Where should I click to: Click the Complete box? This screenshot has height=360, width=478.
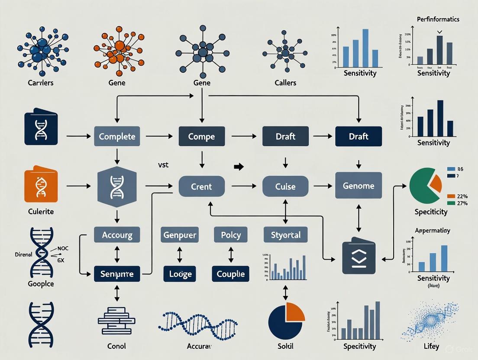[117, 137]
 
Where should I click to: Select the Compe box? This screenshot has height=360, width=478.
[202, 137]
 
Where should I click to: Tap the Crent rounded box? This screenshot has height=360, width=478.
[202, 186]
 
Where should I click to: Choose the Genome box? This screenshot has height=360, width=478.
[358, 186]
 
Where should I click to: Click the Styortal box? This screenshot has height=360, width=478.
[285, 235]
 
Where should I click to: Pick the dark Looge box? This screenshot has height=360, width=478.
[180, 274]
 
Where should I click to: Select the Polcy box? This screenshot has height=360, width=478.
[231, 235]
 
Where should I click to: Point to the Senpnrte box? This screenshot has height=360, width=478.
[117, 274]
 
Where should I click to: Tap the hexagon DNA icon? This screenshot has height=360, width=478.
[117, 186]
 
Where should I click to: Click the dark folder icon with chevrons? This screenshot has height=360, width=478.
[358, 258]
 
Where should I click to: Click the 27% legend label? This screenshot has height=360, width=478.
[462, 203]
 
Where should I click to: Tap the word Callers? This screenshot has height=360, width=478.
[285, 82]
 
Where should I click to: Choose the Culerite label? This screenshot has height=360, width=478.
[41, 212]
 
